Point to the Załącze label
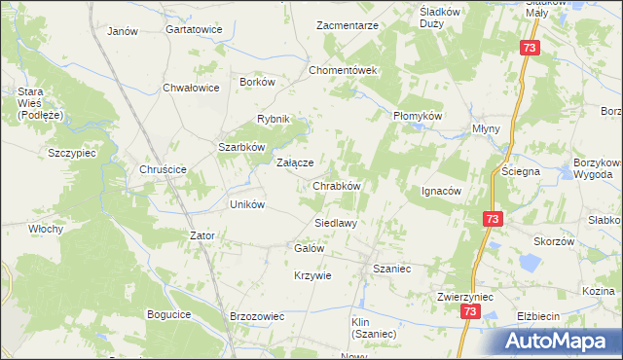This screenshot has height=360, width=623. [x=295, y=163]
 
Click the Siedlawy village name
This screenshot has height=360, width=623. [x=335, y=223]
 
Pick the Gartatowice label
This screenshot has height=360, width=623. [x=194, y=30]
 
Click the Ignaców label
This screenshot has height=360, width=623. [x=440, y=191]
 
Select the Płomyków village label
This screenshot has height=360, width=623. [x=418, y=116]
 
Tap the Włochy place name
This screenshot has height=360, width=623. [x=45, y=230]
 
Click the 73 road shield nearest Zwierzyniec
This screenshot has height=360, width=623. [x=470, y=311]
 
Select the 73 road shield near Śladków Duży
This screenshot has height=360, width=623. [x=529, y=48]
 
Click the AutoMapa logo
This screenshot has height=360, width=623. [x=560, y=342]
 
